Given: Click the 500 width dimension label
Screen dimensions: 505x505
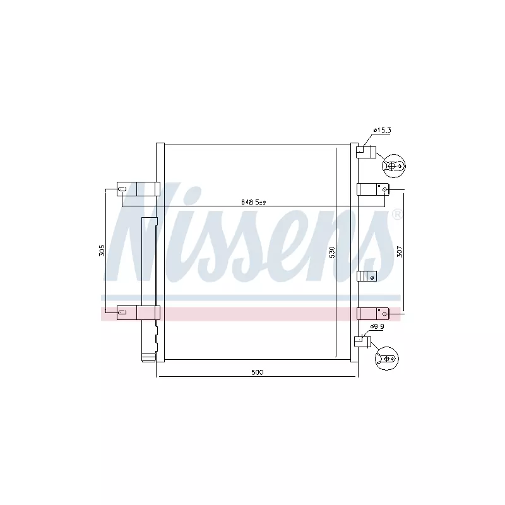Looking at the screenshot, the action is (257, 372).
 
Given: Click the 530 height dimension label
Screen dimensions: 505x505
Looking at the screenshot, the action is (332, 252).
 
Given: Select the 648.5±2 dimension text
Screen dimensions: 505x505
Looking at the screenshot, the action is (254, 202).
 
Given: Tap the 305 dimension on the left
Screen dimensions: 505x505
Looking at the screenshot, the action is (102, 250).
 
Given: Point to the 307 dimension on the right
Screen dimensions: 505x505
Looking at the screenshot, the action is (400, 251).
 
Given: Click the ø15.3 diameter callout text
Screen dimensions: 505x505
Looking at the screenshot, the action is (382, 130).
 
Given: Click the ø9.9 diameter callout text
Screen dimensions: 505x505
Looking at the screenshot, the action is (377, 326).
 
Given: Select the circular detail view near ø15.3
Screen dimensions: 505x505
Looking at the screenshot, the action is (393, 166).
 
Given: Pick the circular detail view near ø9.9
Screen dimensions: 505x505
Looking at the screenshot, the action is (387, 359).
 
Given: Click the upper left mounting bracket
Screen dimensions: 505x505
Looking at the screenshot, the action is (138, 189).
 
